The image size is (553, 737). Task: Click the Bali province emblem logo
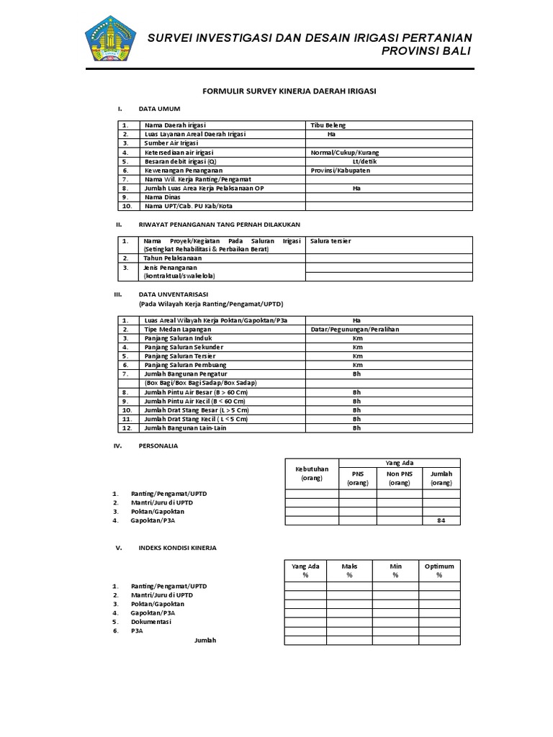109,40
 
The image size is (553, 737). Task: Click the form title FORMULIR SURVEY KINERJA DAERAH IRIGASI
288,91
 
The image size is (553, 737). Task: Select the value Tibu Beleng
328,125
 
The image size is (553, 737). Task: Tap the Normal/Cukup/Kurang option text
344,153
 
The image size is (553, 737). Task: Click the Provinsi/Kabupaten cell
340,171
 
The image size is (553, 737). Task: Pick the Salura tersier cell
331,240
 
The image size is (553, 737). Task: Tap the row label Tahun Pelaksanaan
173,258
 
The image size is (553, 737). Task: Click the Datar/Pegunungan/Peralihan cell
354,329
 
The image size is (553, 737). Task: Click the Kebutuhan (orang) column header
312,473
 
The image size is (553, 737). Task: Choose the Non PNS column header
400,479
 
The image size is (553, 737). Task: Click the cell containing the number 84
441,520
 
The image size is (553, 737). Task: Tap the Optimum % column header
439,571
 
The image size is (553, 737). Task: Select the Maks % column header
349,571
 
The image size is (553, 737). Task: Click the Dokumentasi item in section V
152,621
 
